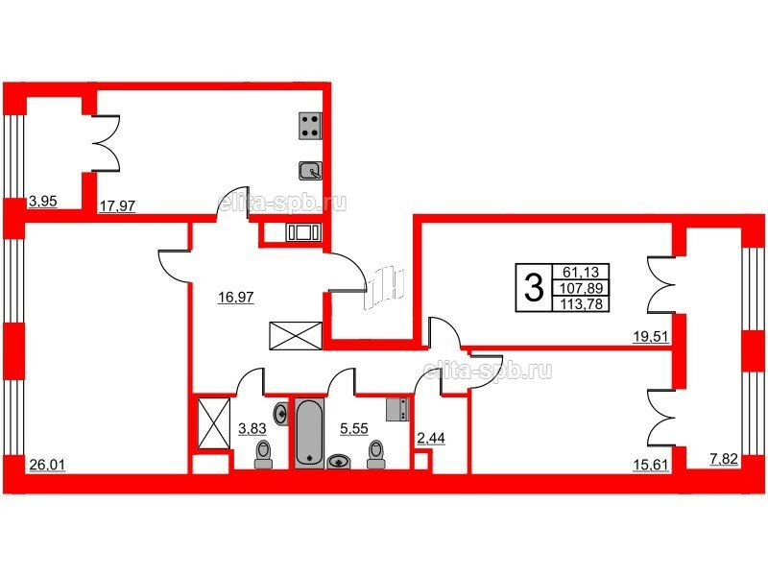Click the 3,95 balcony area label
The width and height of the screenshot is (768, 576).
coord(43,201)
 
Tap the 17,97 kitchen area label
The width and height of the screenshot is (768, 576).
coord(117,205)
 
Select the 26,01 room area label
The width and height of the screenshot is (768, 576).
coord(47,465)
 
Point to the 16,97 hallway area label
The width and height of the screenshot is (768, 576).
coord(236,297)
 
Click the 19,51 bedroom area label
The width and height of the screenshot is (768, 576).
coord(651,336)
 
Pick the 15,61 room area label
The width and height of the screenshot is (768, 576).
coord(651,465)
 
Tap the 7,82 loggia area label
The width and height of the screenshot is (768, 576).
coord(724,459)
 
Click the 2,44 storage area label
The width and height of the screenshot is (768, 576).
coord(431,438)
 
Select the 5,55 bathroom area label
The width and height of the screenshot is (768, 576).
coord(354,428)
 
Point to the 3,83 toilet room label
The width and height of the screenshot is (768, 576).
coord(252,428)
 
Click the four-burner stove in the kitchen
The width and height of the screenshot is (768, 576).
coord(310,126)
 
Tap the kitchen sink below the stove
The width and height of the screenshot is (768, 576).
coord(310,171)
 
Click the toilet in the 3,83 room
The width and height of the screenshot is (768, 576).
coord(264,454)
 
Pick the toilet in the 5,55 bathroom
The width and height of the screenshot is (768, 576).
coord(375,454)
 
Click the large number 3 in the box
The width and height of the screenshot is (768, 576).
coord(534,287)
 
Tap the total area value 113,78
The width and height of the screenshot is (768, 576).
coord(581,304)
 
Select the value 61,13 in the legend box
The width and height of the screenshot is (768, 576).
coord(581,272)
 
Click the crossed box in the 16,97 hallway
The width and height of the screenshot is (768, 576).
coord(296,336)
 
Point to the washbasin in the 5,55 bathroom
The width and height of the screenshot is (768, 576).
coord(339,461)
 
